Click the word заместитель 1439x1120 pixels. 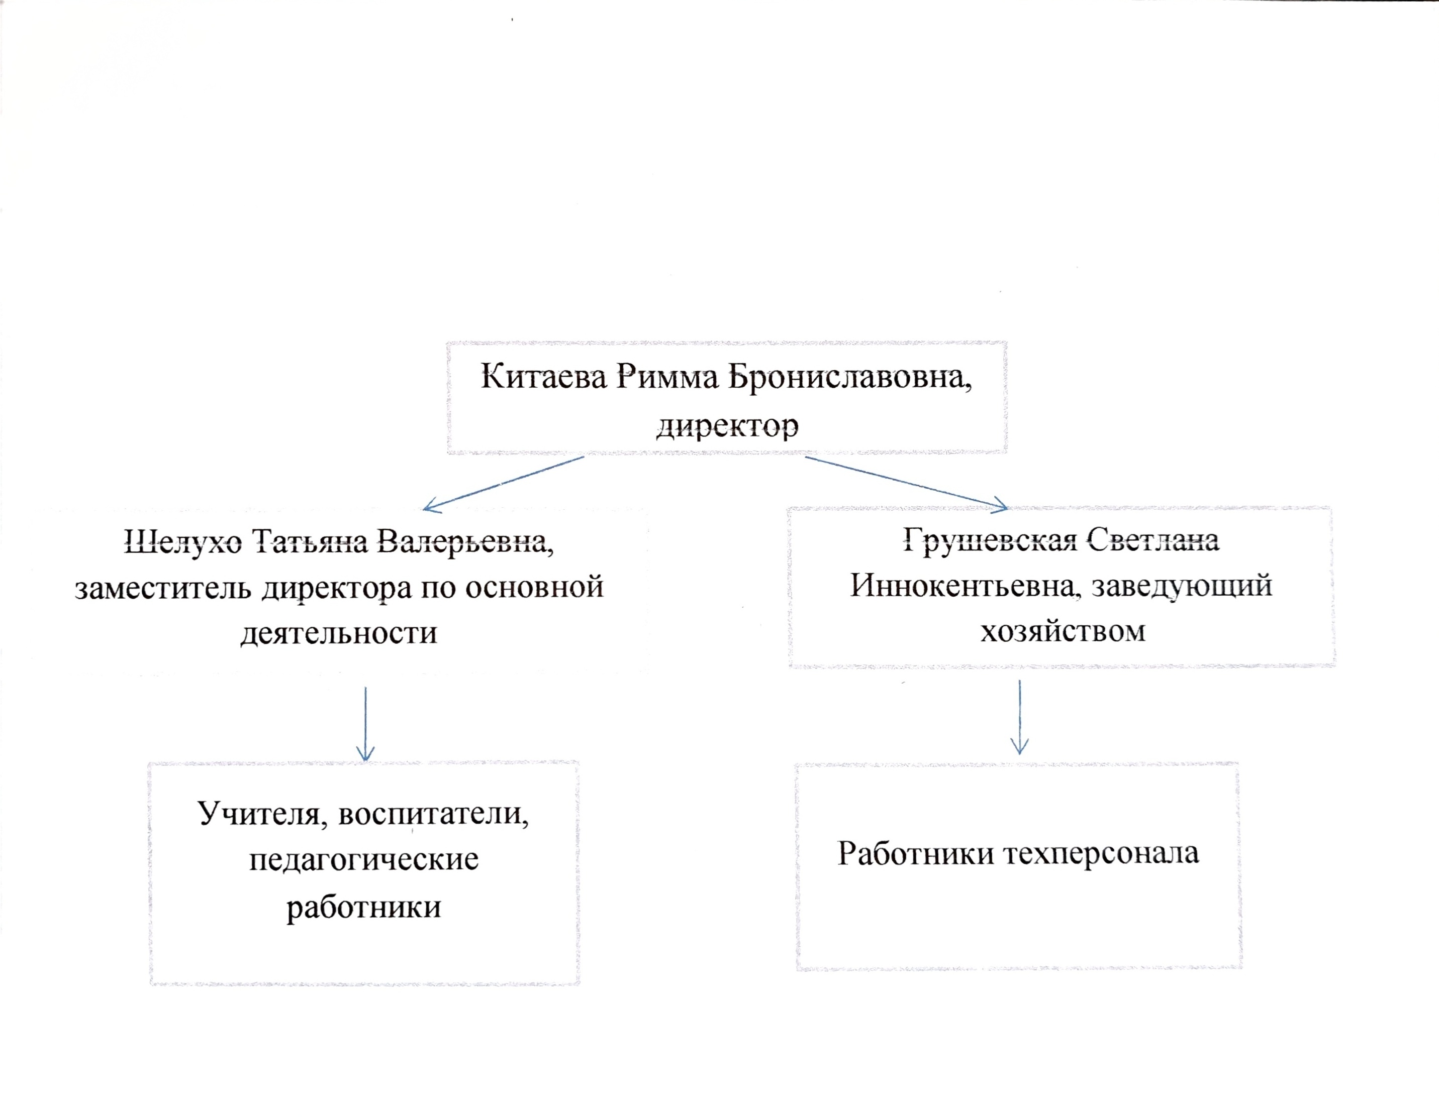[163, 587]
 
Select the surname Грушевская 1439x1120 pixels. [990, 540]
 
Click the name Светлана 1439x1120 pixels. [1153, 540]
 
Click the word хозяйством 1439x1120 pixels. [1063, 631]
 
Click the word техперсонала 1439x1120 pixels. [1101, 854]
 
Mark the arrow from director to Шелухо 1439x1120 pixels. [504, 483]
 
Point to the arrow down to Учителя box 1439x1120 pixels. [365, 724]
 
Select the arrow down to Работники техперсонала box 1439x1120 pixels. [1019, 718]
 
